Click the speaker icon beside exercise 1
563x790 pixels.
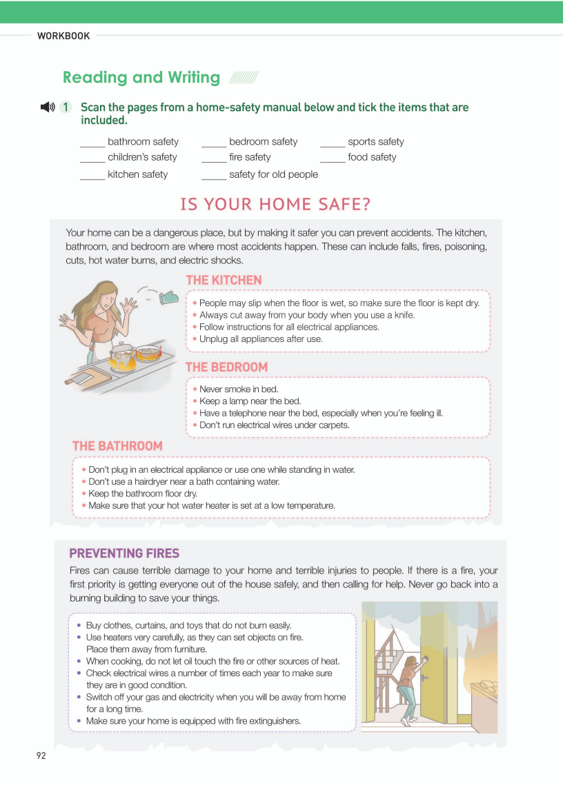click(x=47, y=107)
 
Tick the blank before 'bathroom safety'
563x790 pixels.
click(x=92, y=143)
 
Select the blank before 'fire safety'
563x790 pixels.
click(x=214, y=159)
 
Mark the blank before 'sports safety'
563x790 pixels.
click(x=333, y=143)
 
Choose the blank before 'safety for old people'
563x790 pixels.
click(x=214, y=176)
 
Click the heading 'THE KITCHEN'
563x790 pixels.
click(x=224, y=280)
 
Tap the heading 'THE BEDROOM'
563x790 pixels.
click(x=226, y=367)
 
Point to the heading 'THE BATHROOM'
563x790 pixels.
click(x=117, y=446)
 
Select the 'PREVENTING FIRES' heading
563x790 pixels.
click(x=124, y=553)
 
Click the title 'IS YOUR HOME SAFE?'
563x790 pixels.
click(x=275, y=204)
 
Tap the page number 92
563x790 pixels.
click(x=41, y=756)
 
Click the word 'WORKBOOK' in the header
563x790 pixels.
click(x=63, y=36)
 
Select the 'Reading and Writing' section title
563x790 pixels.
click(x=141, y=77)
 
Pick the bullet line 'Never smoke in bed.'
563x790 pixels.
click(x=238, y=389)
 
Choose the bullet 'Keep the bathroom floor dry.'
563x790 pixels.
click(x=143, y=494)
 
